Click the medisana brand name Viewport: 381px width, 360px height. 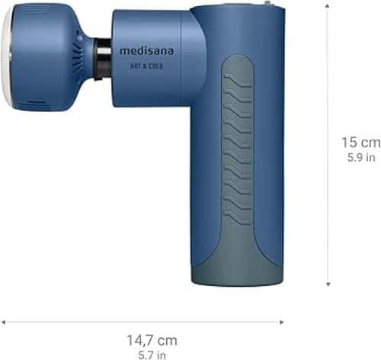(146, 50)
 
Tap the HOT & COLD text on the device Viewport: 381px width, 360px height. (146, 66)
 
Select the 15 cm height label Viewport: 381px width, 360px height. (361, 143)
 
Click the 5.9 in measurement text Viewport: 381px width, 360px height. (361, 157)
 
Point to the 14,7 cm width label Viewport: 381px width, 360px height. (152, 340)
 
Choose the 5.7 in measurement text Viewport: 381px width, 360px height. (152, 355)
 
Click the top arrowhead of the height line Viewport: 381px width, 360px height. (328, 5)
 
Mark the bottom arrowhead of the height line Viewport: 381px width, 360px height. (328, 284)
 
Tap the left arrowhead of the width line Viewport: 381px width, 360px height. (3, 323)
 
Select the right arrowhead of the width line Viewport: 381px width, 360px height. (281, 323)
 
